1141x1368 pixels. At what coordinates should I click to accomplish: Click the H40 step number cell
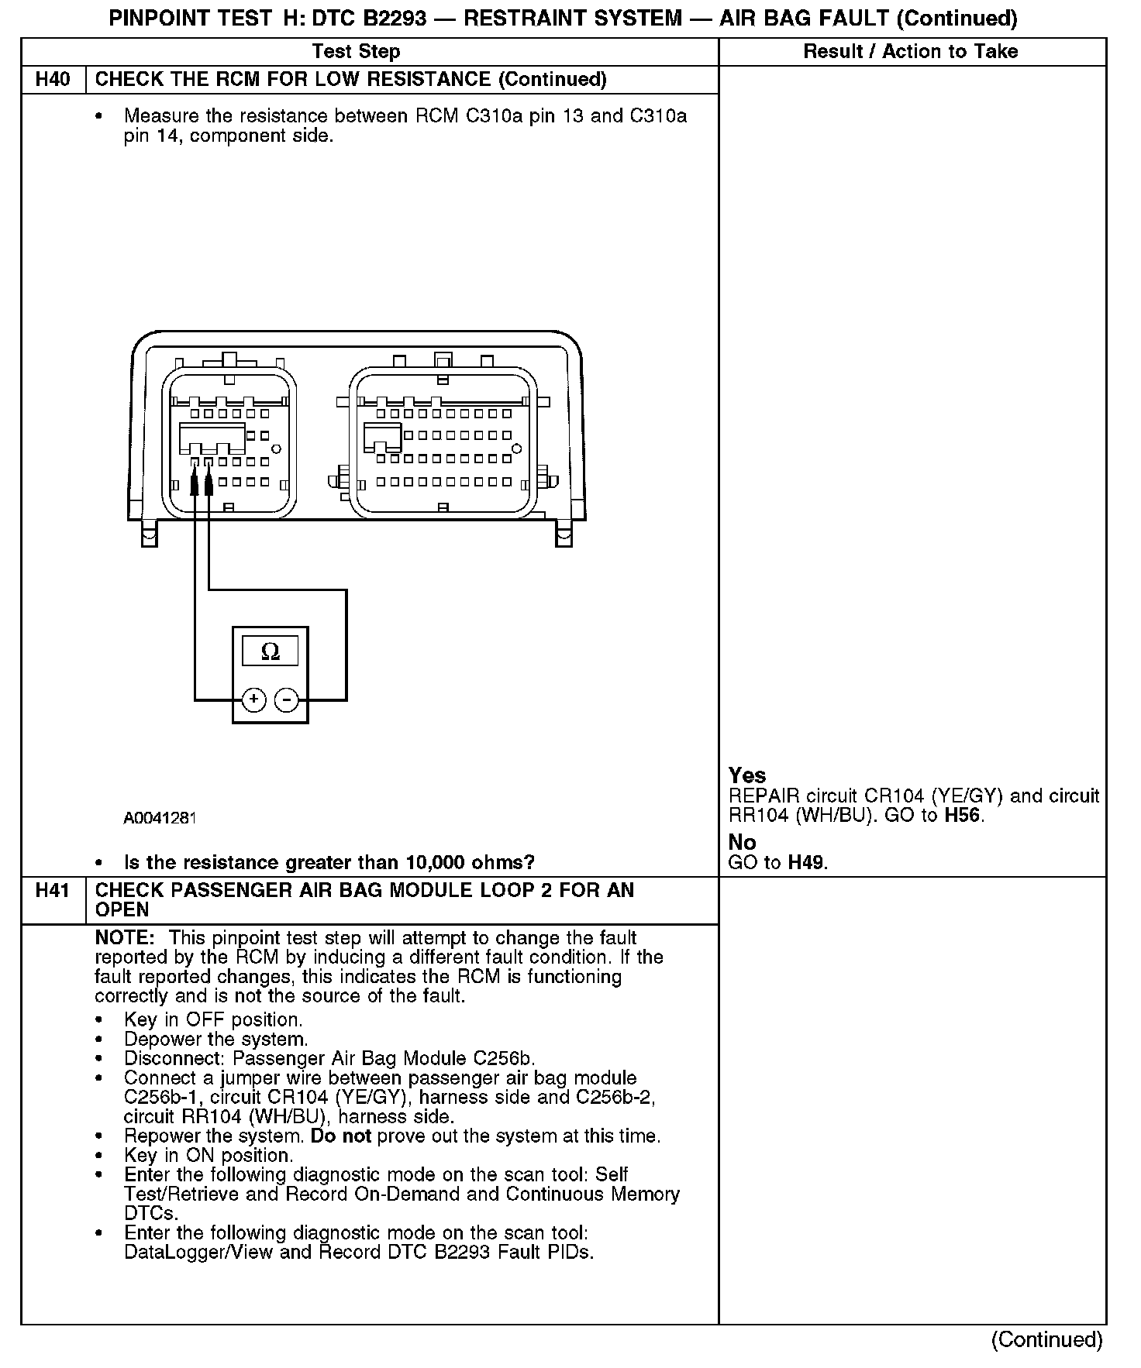[53, 80]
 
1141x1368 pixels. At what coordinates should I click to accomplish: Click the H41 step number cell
[53, 891]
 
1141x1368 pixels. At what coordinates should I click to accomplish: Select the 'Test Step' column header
[356, 52]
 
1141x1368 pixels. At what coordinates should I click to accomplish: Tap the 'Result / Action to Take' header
[911, 52]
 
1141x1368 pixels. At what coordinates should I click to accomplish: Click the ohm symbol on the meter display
[270, 651]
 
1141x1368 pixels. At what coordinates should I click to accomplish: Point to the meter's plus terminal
[254, 700]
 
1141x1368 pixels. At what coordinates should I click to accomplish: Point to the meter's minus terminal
[287, 700]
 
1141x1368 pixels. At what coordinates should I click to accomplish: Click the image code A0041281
[160, 818]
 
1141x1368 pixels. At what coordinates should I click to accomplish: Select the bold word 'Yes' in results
[747, 775]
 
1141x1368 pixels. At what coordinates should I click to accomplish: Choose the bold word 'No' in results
[742, 842]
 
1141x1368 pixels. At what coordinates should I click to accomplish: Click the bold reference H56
[962, 815]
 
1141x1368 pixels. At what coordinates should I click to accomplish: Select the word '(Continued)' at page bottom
[1046, 1339]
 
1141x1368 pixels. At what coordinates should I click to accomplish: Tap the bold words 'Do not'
[340, 1136]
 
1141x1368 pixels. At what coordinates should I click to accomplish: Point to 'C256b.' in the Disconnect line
[505, 1059]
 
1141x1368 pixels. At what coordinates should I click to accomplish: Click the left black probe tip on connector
[195, 484]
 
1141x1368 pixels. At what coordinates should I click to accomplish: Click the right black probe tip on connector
[209, 484]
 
